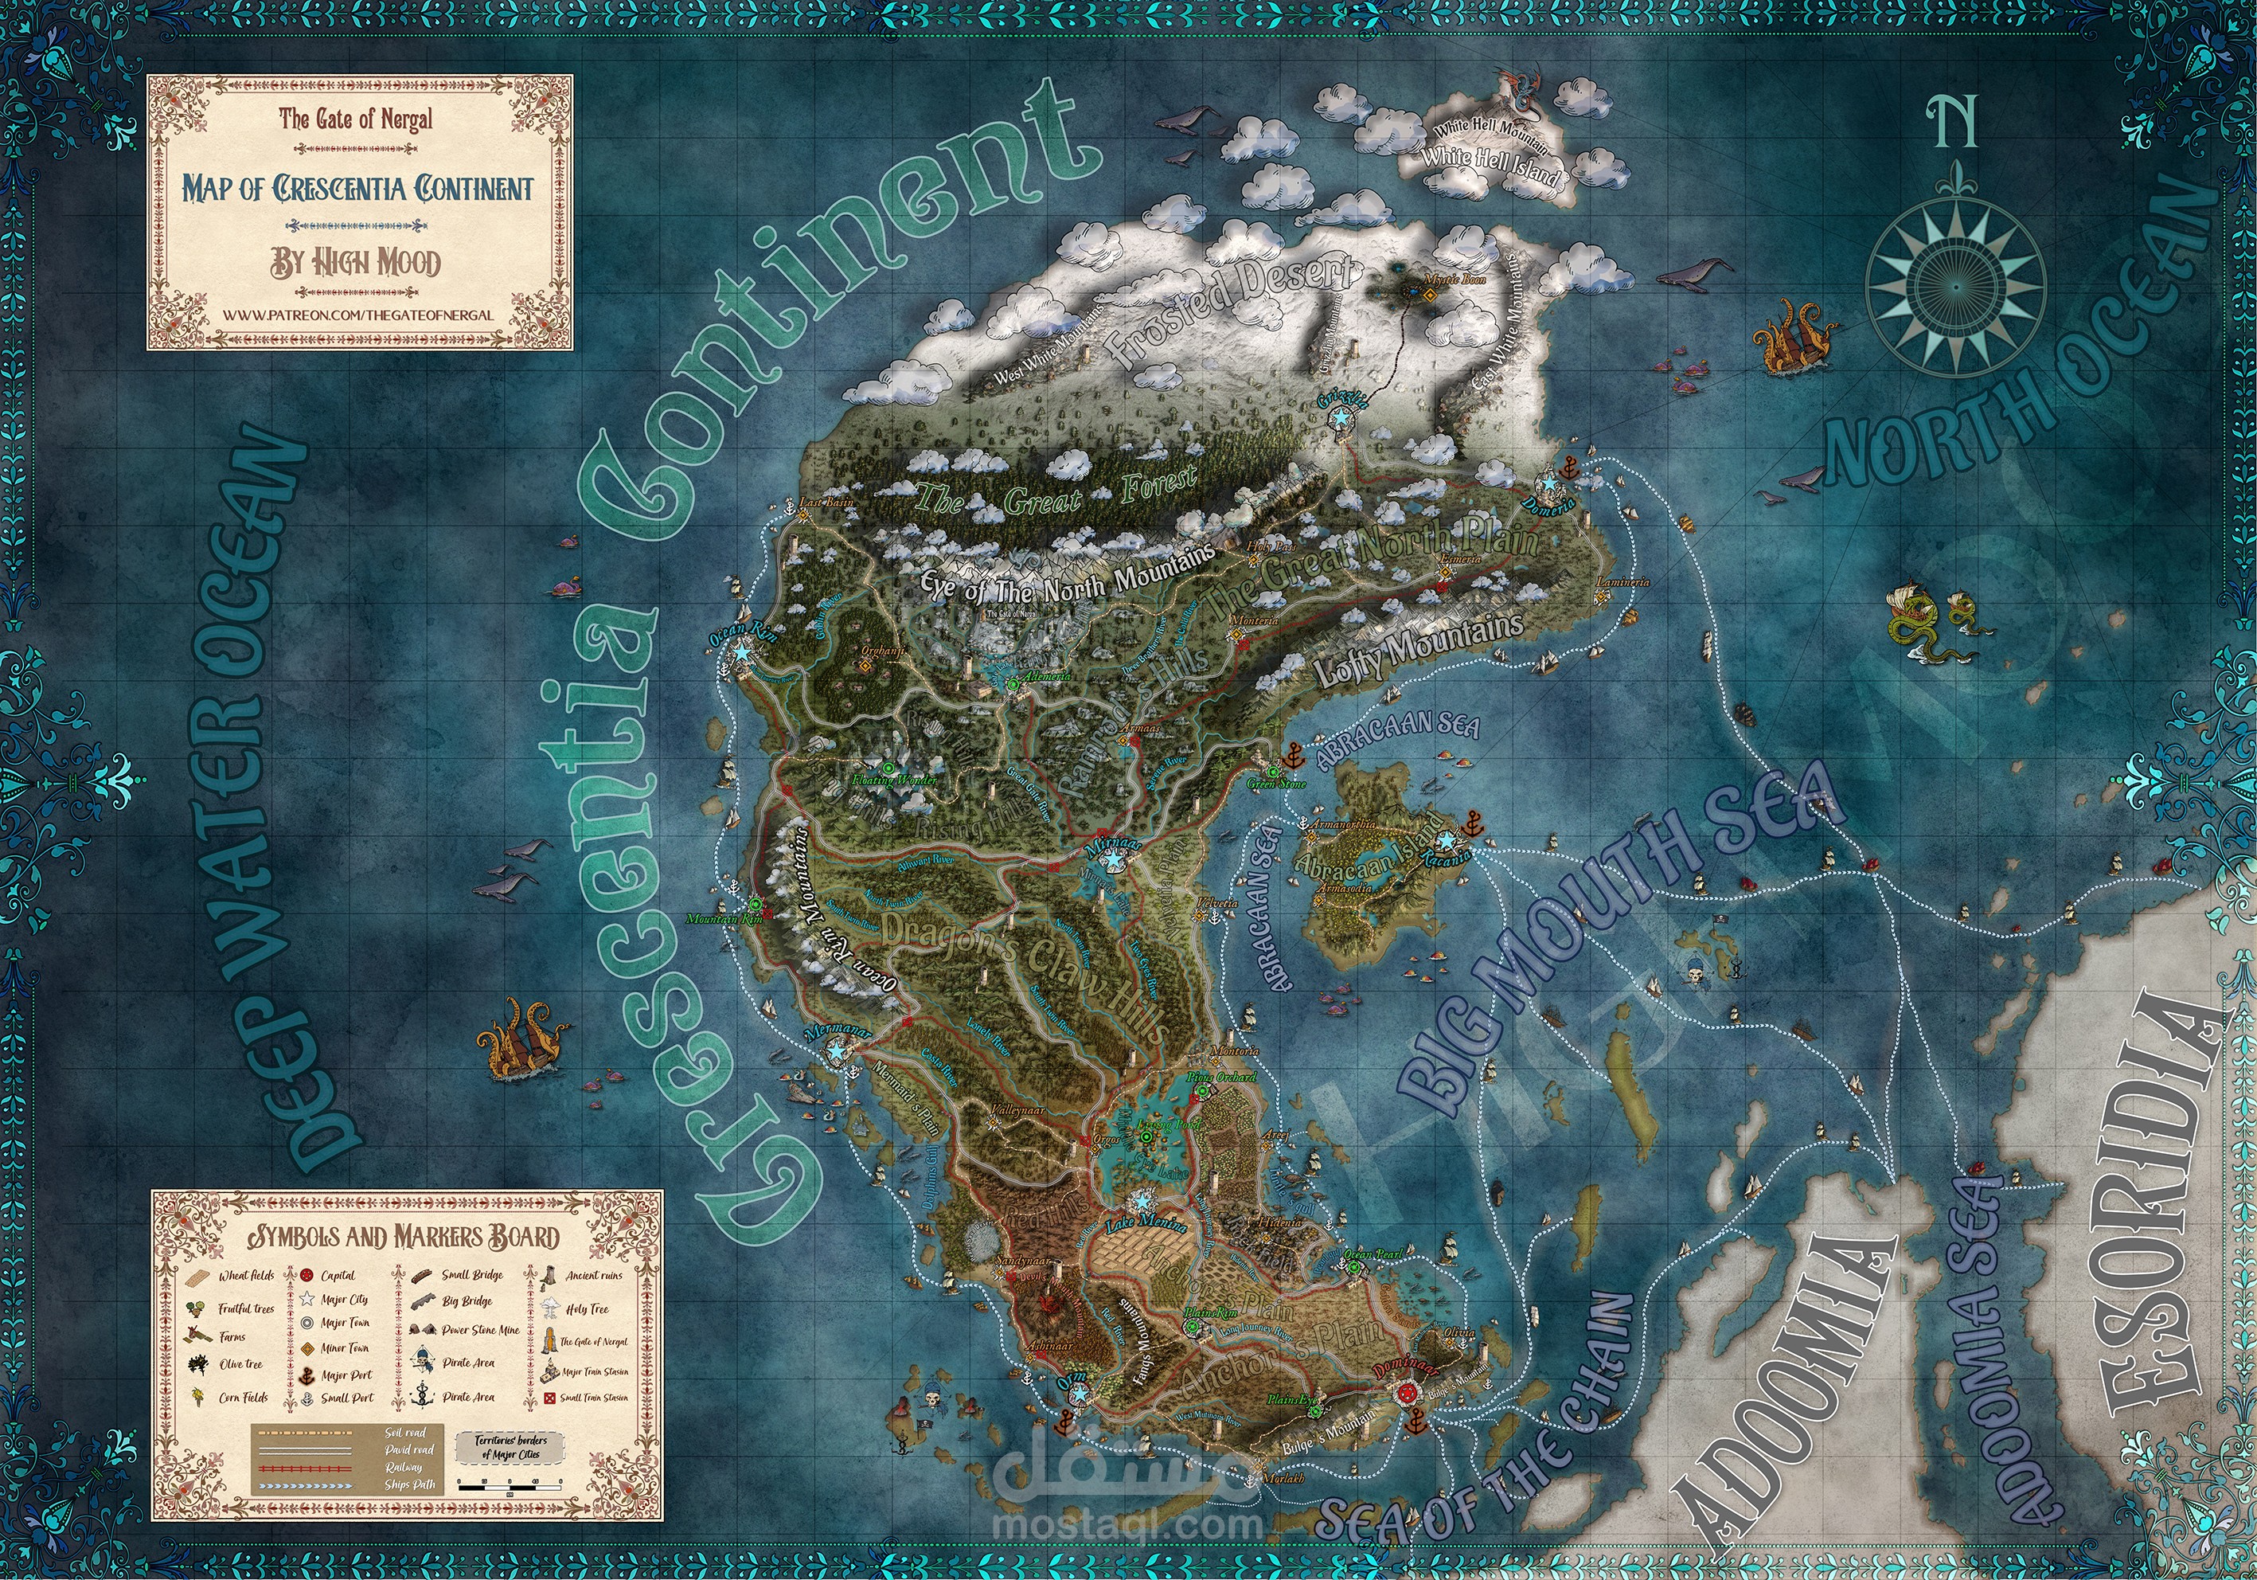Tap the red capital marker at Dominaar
pyautogui.click(x=1406, y=1392)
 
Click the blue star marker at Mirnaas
pyautogui.click(x=1112, y=859)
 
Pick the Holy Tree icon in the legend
pyautogui.click(x=549, y=1309)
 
